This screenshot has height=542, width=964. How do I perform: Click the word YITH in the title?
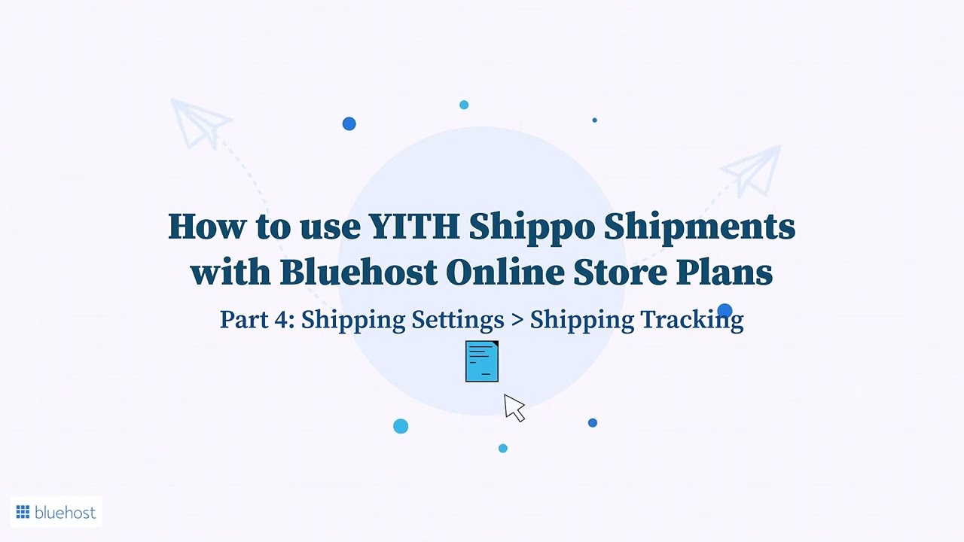click(x=414, y=226)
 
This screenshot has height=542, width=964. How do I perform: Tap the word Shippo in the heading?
click(x=532, y=228)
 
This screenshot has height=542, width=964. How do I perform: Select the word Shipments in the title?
click(x=700, y=228)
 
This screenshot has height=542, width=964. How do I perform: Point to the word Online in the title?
click(x=505, y=272)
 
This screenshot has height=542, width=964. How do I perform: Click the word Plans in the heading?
click(x=725, y=272)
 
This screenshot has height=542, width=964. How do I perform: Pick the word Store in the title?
click(x=620, y=273)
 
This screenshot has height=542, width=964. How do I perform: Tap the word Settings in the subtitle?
click(x=457, y=321)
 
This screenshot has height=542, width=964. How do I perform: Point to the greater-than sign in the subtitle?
click(x=517, y=321)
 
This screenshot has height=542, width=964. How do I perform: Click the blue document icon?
click(x=482, y=361)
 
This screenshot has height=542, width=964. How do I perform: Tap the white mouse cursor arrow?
click(x=514, y=407)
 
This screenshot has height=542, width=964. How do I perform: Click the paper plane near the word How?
click(x=201, y=123)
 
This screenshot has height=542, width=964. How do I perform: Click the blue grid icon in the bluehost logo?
click(x=23, y=512)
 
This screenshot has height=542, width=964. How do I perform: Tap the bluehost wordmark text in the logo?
click(x=65, y=512)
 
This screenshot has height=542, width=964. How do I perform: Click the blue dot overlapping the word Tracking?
click(x=725, y=311)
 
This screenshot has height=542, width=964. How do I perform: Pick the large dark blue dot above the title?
click(x=349, y=124)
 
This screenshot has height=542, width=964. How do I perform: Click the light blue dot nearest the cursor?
click(x=502, y=448)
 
